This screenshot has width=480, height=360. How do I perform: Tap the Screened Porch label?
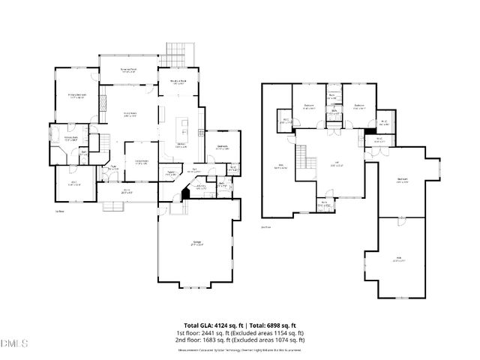[x=129, y=70]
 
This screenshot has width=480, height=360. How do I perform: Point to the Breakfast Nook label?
[x=178, y=83]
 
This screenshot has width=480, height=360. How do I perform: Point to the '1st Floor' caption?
[x=58, y=211]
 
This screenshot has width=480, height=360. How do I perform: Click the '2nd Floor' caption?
[x=265, y=226]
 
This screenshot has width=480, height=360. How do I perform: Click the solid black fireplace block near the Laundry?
[x=185, y=192]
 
